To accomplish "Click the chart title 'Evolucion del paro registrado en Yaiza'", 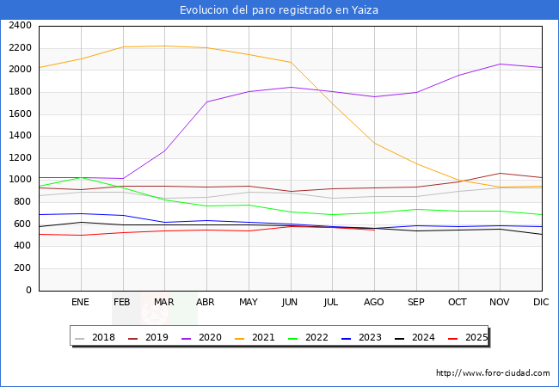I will click(x=279, y=10).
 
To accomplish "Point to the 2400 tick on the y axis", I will click(x=20, y=26).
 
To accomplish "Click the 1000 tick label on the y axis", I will click(x=20, y=180).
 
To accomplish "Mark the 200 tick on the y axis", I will click(x=23, y=268).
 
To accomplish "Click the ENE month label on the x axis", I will click(x=80, y=302).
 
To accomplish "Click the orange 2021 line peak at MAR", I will click(x=164, y=46).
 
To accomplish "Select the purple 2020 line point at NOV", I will click(x=500, y=64).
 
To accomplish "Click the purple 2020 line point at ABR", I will click(x=206, y=101).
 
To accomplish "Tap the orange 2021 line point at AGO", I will click(x=374, y=143).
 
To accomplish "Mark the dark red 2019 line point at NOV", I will click(x=500, y=173).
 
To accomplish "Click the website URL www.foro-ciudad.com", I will click(x=493, y=373).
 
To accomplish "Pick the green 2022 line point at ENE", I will click(x=80, y=177).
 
